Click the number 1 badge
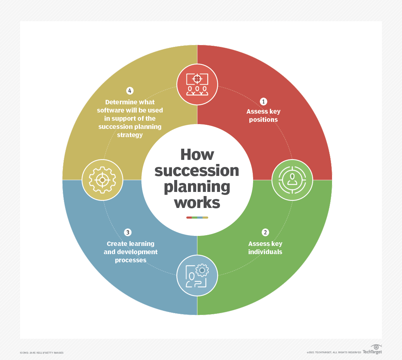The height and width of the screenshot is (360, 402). click(263, 101)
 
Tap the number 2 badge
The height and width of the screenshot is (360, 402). click(265, 233)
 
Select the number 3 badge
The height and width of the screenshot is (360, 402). click(128, 233)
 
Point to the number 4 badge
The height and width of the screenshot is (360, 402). click(130, 91)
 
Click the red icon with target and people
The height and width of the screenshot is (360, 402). click(197, 85)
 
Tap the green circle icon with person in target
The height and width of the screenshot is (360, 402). click(292, 180)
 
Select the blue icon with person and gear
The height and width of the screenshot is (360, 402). click(197, 275)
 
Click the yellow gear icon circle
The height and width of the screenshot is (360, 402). click(102, 180)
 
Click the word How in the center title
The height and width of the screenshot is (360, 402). click(197, 155)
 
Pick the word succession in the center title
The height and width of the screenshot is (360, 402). click(197, 171)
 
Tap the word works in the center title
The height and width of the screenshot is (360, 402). click(197, 203)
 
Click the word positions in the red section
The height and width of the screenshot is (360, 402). click(263, 120)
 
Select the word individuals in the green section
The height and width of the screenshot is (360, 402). click(265, 252)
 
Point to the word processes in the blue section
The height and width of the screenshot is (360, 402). click(131, 260)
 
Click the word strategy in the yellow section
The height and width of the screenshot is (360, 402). click(130, 135)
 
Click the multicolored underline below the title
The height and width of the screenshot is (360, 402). click(197, 218)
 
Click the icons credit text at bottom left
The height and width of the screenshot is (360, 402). click(42, 353)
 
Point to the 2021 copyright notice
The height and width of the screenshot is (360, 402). click(334, 352)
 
